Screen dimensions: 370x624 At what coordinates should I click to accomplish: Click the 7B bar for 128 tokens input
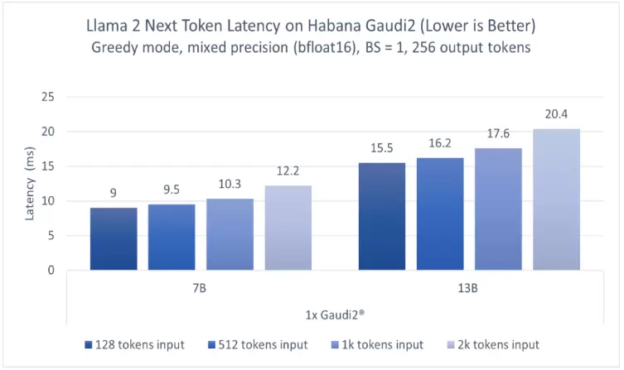(114, 238)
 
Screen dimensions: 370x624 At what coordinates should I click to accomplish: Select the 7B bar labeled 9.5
(172, 237)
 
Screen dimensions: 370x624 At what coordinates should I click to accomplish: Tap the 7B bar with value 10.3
(230, 234)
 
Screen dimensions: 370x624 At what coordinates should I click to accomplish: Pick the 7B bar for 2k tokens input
(288, 228)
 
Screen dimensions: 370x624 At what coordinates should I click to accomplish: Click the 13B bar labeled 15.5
(382, 216)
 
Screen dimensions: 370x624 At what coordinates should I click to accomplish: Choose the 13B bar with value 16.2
(440, 214)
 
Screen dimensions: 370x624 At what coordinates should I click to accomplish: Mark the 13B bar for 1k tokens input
(498, 209)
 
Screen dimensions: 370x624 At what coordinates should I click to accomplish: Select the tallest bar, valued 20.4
(557, 199)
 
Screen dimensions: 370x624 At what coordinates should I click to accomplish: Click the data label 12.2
(288, 171)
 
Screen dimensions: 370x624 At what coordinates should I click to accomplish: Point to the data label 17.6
(498, 134)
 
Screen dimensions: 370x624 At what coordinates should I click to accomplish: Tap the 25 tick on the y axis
(48, 97)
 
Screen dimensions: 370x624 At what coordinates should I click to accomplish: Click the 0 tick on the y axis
(51, 270)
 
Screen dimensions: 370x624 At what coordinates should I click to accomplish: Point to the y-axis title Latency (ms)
(30, 184)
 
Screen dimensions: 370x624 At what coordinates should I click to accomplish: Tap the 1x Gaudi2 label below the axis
(335, 315)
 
